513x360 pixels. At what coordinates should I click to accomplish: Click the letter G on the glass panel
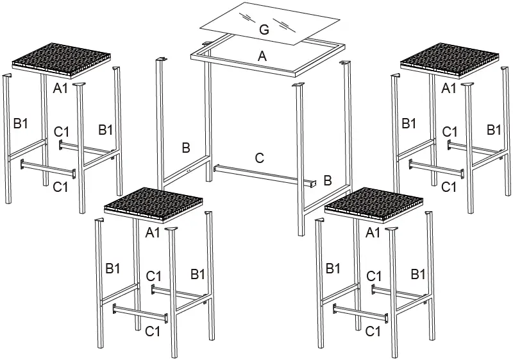click(x=264, y=29)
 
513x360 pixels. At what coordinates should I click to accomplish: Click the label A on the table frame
click(x=261, y=56)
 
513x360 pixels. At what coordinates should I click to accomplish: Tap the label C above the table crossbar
click(x=259, y=157)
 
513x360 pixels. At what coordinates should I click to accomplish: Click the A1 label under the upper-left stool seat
click(x=61, y=88)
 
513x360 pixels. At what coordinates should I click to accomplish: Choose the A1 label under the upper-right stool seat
click(x=450, y=88)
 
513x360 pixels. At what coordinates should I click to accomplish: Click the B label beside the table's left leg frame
click(x=185, y=148)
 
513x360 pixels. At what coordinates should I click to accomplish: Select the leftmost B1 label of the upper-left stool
click(x=21, y=123)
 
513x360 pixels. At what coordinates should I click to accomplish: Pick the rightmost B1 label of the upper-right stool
click(x=494, y=130)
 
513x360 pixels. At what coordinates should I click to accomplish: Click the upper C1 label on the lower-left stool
click(x=153, y=276)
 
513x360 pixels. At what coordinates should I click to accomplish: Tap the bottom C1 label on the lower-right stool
click(x=373, y=331)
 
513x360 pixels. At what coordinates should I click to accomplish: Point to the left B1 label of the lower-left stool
click(x=113, y=268)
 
